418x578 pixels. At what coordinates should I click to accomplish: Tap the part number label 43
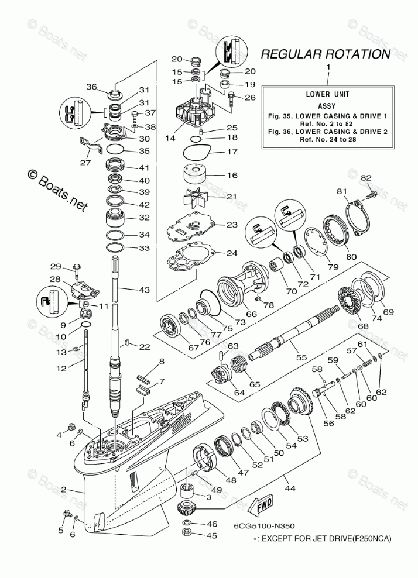[144, 289]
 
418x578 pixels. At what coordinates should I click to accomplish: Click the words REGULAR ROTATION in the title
[325, 55]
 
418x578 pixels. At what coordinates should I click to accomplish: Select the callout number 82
[366, 177]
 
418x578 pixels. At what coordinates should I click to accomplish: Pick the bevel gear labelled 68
[354, 303]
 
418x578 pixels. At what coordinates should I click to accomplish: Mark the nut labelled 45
[187, 534]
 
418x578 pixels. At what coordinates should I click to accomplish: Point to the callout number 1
[328, 68]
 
